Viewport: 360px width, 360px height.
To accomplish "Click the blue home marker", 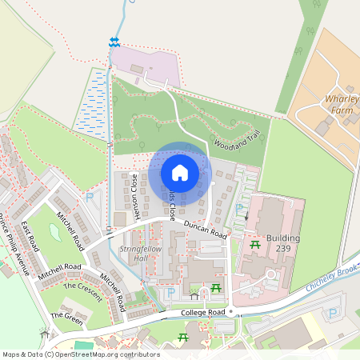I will pos(180,173).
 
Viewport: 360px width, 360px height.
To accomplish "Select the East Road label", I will pos(30,238).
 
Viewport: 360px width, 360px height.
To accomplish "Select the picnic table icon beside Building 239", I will pos(254,245).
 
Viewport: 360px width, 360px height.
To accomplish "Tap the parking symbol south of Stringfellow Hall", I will pos(170,293).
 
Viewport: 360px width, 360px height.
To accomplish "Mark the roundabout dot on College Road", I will pos(230,310).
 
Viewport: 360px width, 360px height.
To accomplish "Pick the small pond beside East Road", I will pos(55,232).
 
